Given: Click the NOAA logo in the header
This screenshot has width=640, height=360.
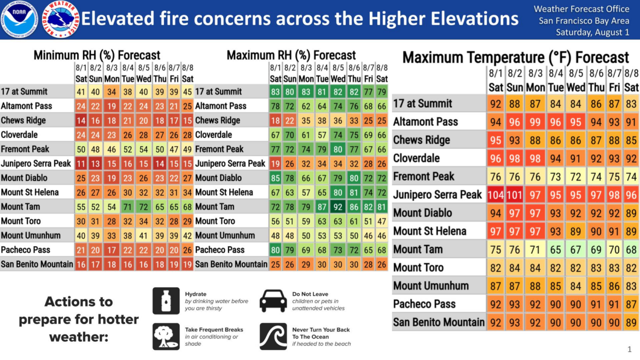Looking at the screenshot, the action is click(19, 19).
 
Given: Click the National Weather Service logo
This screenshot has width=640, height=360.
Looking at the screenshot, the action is click(60, 19).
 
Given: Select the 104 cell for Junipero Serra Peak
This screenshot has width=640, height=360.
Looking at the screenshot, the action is click(496, 195).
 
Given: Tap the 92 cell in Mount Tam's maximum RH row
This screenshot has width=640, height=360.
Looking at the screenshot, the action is click(338, 207).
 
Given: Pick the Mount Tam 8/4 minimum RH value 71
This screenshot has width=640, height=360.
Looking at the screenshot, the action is click(128, 207).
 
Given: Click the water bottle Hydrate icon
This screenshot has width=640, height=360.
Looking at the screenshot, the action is click(166, 301).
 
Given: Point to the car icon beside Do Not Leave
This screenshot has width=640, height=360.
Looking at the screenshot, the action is click(273, 301).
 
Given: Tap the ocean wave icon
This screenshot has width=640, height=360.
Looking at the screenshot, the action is click(273, 336).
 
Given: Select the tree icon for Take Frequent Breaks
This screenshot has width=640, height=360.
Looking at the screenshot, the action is click(166, 336).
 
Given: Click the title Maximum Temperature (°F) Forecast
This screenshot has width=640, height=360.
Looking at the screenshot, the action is click(515, 57).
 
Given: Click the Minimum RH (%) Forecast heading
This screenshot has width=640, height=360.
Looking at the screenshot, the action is click(97, 55).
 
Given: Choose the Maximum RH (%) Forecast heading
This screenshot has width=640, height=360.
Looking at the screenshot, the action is click(291, 55).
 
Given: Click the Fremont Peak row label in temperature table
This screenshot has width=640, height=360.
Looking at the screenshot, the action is click(423, 176).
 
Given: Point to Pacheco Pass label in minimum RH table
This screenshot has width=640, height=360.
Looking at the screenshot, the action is click(25, 250).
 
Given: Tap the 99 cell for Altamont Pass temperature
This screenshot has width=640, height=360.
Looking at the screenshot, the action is click(535, 121).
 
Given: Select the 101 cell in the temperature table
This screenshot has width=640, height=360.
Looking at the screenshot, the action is click(515, 195).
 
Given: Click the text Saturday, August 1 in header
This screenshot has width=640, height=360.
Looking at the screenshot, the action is click(592, 32).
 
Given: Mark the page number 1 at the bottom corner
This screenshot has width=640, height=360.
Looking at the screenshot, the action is click(630, 350).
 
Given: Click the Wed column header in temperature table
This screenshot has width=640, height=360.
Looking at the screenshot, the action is click(576, 88).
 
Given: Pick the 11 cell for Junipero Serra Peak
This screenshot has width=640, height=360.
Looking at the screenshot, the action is click(81, 164).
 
